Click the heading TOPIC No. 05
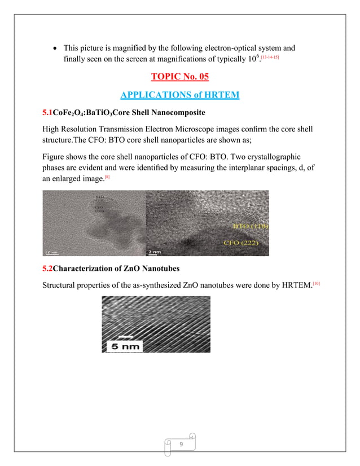pyautogui.click(x=181, y=77)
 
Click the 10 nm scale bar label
pyautogui.click(x=52, y=252)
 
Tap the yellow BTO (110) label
pyautogui.click(x=249, y=226)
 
